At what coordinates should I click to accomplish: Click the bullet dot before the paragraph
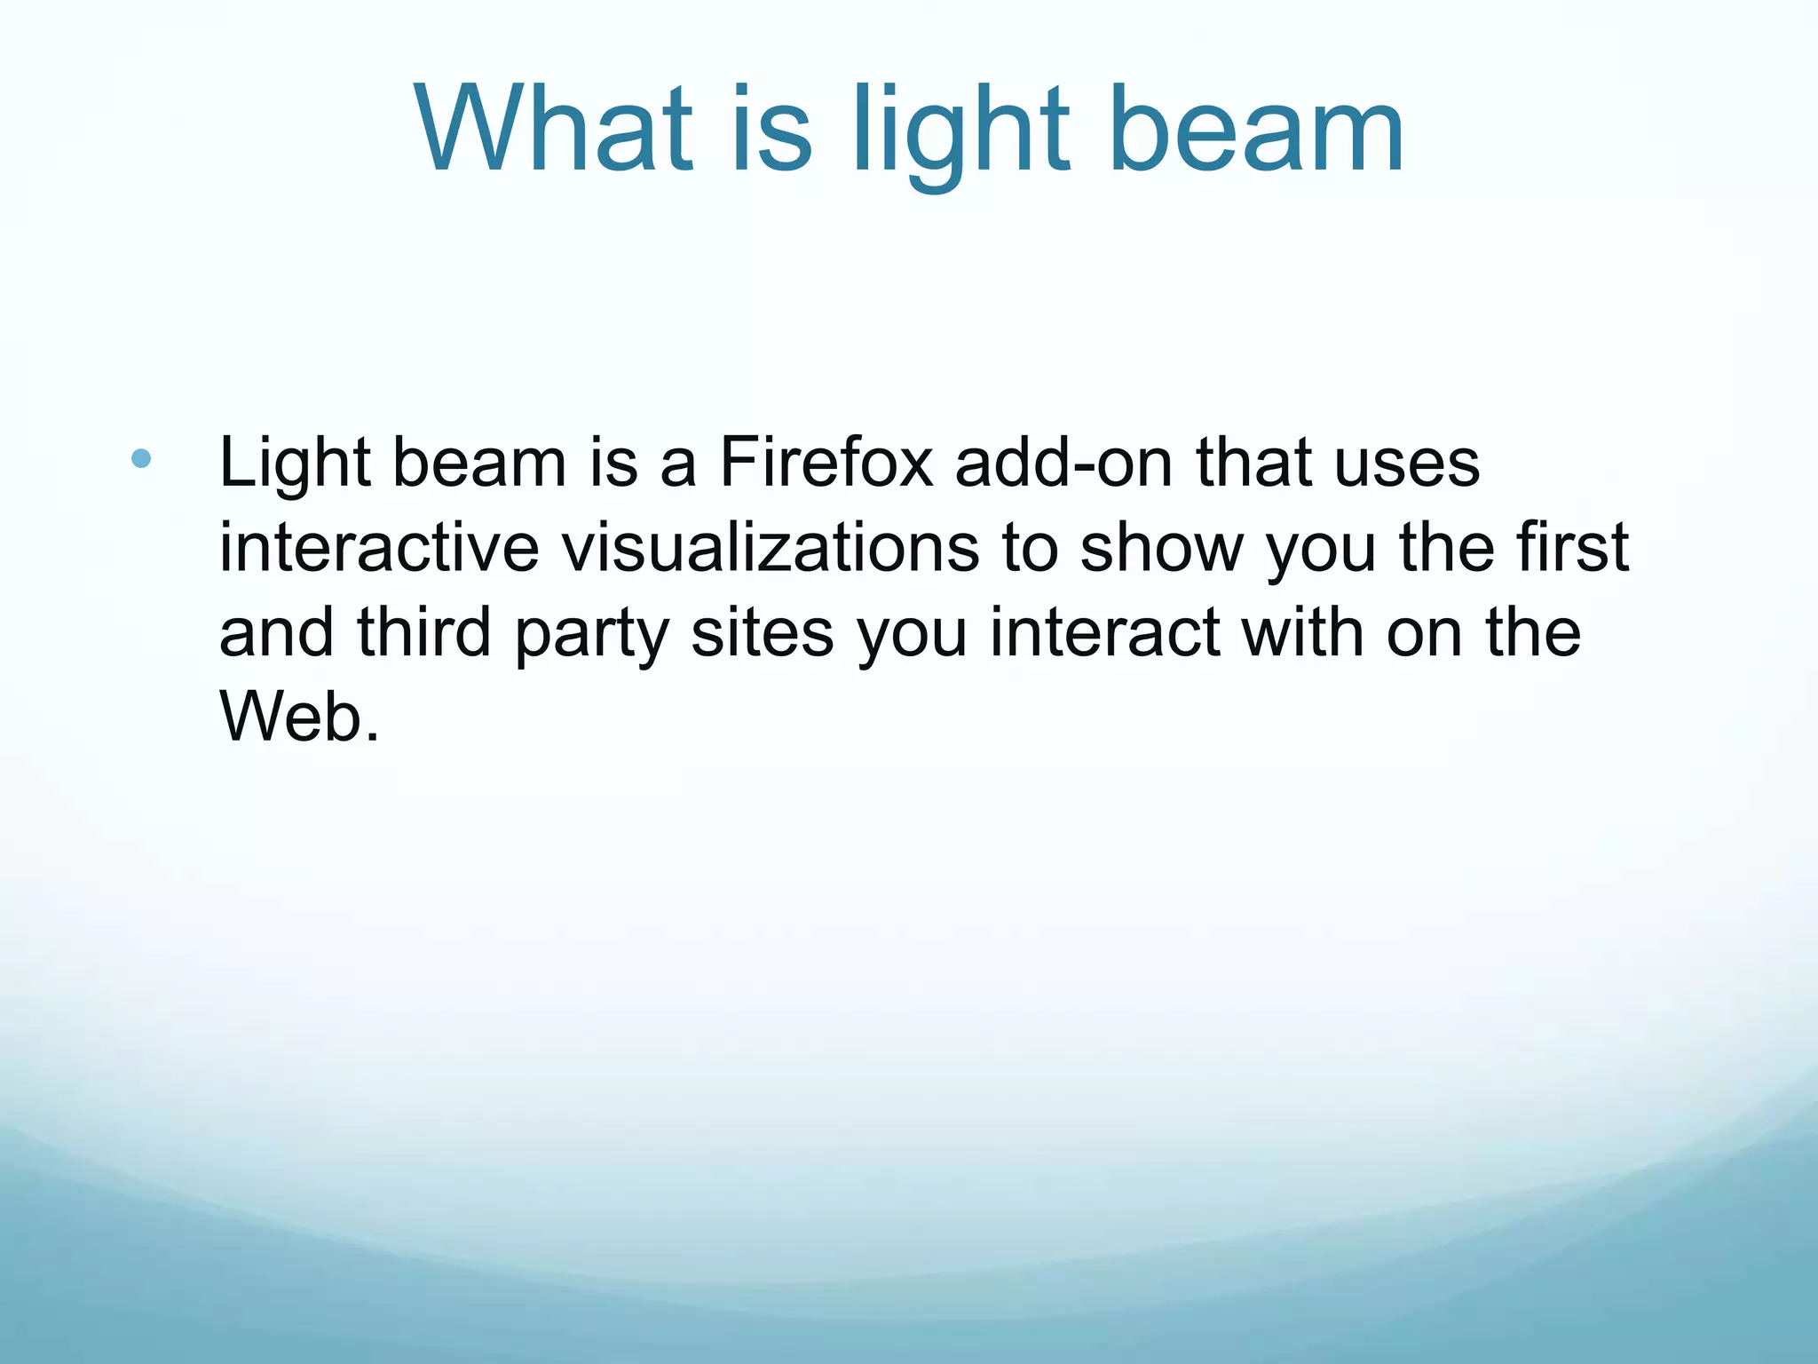140,459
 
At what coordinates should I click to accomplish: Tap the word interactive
379,547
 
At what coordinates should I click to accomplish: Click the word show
1161,547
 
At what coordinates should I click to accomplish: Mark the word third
423,632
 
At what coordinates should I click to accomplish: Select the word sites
762,632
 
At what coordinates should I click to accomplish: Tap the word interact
1105,632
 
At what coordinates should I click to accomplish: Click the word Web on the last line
291,718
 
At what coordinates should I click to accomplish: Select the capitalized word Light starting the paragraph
294,464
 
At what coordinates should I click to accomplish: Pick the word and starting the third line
276,632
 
